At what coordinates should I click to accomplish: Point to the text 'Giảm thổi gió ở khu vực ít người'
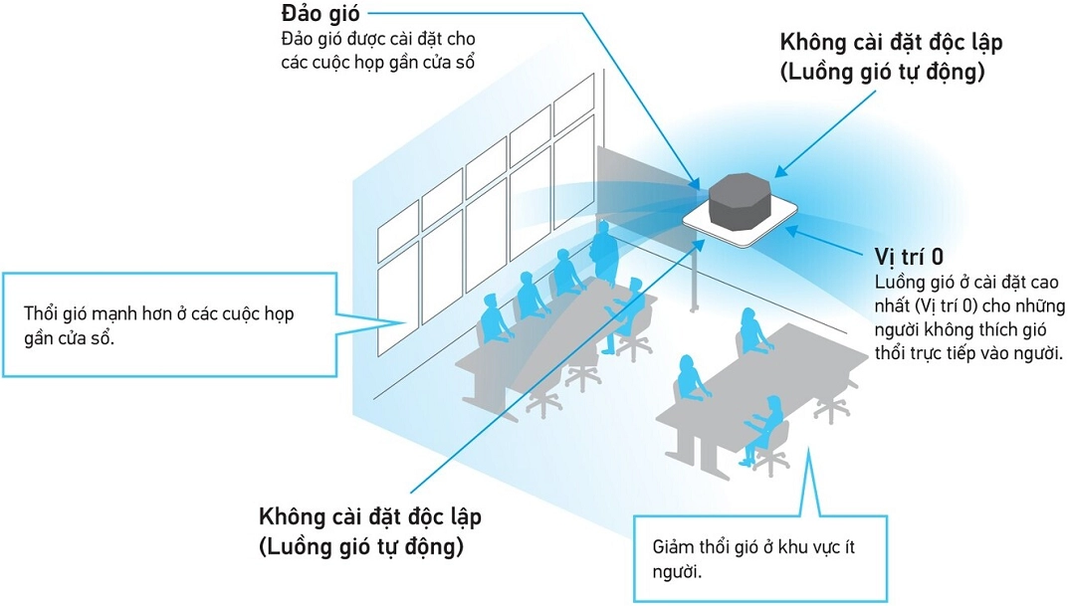pos(752,560)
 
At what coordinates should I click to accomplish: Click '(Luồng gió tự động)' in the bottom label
pos(360,546)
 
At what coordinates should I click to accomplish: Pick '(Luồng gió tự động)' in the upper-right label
pos(884,72)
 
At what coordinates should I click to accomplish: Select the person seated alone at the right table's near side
pos(766,423)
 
